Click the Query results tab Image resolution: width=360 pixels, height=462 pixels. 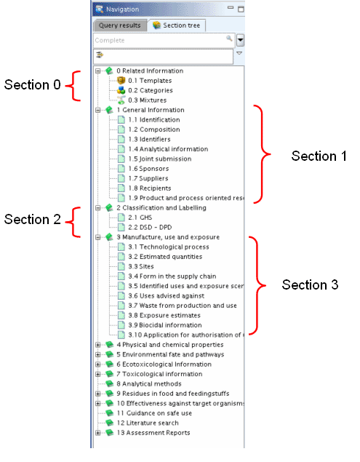coord(119,25)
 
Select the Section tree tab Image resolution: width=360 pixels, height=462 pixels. coord(177,25)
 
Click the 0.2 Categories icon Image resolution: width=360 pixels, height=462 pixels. coord(121,90)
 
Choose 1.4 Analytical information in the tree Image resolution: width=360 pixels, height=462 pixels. coord(168,149)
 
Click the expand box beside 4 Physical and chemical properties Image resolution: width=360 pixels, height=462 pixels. coord(97,345)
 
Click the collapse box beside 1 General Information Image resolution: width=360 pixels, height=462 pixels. coord(97,110)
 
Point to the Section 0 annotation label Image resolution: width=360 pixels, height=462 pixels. coord(33,85)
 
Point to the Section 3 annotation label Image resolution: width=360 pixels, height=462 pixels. coord(310,285)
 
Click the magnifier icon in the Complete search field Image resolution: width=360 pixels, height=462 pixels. coord(229,39)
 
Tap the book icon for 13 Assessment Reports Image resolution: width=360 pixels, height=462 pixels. coord(110,433)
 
